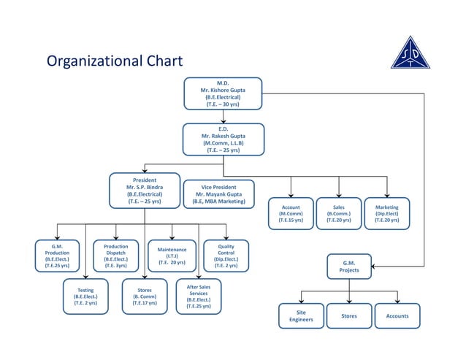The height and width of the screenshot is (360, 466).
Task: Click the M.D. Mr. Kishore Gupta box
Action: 223,93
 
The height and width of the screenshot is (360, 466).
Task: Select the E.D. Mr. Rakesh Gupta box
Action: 223,139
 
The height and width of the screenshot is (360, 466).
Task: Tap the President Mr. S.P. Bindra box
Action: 144,191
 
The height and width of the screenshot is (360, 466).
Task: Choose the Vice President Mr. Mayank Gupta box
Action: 218,194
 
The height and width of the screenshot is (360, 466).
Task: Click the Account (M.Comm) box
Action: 290,213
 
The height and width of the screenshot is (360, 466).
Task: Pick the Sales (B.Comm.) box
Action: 338,213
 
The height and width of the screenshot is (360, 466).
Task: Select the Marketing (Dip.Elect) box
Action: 386,213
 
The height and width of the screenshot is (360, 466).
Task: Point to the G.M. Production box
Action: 57,256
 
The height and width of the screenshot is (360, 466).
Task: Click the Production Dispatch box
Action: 115,256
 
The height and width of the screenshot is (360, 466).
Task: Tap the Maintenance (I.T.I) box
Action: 172,256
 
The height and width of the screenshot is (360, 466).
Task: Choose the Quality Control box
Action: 226,256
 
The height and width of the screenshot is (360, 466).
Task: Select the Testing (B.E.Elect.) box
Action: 85,297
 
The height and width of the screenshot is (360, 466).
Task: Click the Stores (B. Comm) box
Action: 145,297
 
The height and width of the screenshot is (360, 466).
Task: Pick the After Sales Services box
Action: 199,296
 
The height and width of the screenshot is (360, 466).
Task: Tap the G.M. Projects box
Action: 348,267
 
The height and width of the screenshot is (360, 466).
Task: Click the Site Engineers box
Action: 301,316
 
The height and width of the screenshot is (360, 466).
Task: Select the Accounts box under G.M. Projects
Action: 397,316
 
